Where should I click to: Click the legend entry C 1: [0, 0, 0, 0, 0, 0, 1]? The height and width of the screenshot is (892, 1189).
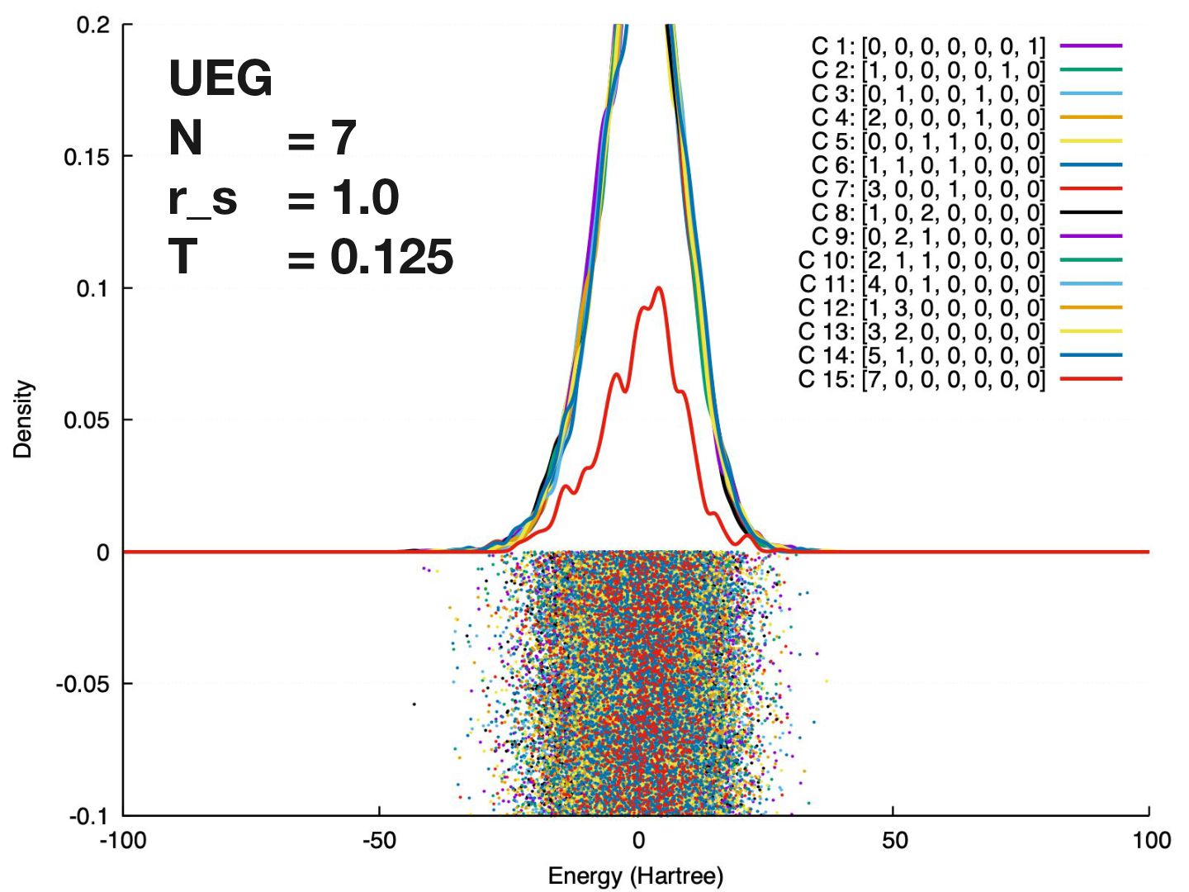[x=928, y=46]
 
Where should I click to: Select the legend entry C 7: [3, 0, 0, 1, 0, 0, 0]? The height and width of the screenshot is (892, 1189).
[x=928, y=189]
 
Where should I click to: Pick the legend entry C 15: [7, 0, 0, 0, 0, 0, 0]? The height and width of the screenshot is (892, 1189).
[x=921, y=380]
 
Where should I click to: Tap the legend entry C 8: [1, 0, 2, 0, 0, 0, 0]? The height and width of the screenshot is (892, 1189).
[x=928, y=213]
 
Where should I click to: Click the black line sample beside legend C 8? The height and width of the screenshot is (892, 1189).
[x=1091, y=213]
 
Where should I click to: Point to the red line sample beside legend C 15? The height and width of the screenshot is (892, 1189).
[x=1091, y=379]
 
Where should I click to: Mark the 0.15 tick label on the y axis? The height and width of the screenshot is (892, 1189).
[x=87, y=157]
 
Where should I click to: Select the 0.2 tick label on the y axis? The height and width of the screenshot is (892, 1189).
[x=92, y=25]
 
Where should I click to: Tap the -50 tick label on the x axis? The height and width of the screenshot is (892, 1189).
[x=379, y=841]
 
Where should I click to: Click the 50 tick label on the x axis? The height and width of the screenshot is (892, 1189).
[x=894, y=841]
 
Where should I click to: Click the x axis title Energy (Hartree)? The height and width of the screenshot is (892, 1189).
[x=636, y=875]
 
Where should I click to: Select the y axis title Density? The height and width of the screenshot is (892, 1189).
[x=23, y=419]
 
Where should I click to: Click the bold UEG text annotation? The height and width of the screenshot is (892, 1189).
[x=220, y=78]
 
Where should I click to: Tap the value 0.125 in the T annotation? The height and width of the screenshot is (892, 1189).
[x=391, y=257]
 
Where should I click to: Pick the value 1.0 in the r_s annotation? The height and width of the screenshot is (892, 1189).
[x=365, y=198]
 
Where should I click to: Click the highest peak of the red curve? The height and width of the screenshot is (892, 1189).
[x=658, y=287]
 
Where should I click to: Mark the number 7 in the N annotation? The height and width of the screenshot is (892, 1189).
[x=343, y=138]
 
